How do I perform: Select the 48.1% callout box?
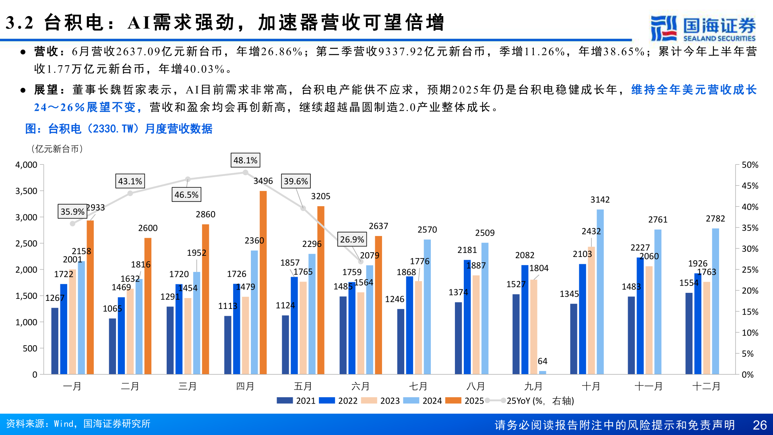245,160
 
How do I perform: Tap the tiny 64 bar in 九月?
542,372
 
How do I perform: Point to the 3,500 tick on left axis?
27,191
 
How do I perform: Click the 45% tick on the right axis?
750,186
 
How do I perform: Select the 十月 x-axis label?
591,386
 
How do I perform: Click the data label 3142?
600,200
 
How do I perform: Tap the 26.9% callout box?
352,240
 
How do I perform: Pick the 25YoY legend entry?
531,401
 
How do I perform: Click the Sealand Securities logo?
703,28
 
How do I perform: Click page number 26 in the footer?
759,425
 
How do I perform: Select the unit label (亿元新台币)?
57,149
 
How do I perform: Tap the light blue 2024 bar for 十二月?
715,301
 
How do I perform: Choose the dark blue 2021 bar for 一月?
55,341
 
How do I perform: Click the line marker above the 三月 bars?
188,179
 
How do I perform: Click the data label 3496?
263,181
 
